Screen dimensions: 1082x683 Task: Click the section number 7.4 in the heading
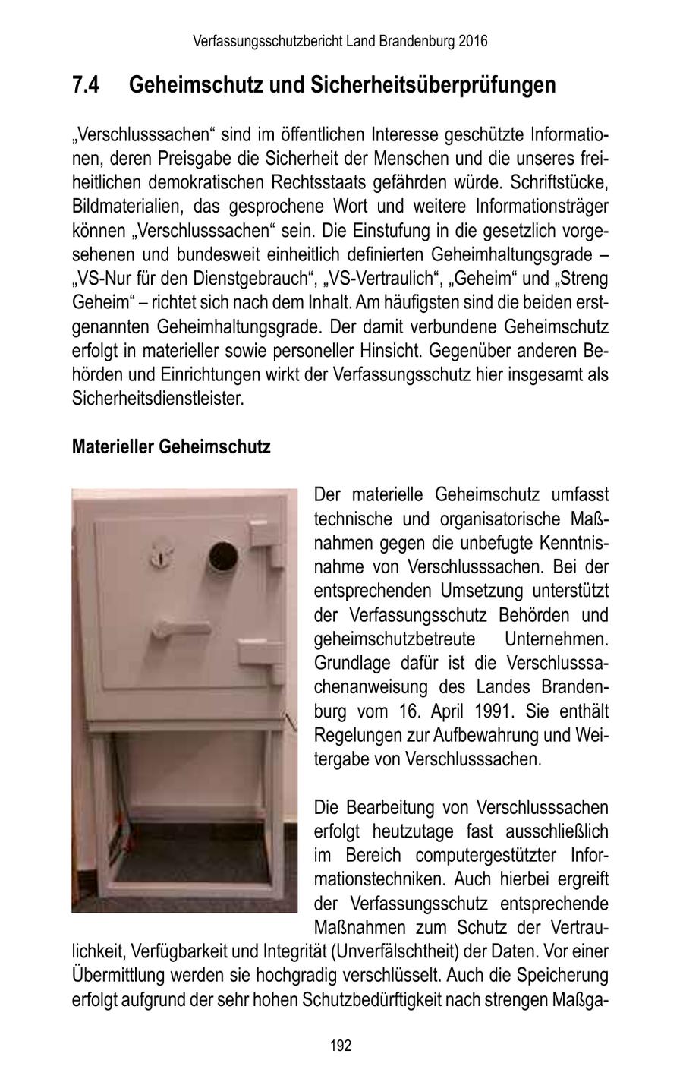click(x=86, y=85)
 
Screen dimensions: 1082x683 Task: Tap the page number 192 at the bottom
click(x=341, y=1046)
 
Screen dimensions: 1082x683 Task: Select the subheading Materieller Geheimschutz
click(x=171, y=446)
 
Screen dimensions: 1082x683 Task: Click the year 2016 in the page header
click(x=473, y=41)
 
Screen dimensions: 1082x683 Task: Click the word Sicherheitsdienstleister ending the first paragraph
click(x=158, y=399)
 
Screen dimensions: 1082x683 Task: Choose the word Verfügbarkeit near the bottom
click(x=182, y=951)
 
